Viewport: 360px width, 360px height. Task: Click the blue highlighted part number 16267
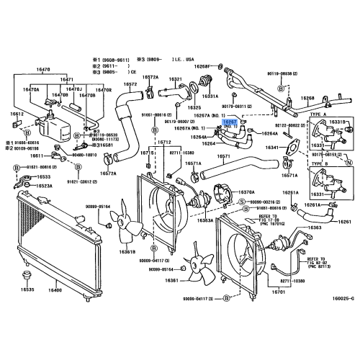point(231,123)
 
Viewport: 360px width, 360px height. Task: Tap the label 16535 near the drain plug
point(27,289)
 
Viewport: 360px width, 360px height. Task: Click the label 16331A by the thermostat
point(210,95)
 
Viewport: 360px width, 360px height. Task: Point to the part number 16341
point(273,148)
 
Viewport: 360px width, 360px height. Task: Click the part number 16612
point(17,114)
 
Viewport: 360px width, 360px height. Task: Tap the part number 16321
point(176,79)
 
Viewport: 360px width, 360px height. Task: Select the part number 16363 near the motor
point(314,247)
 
